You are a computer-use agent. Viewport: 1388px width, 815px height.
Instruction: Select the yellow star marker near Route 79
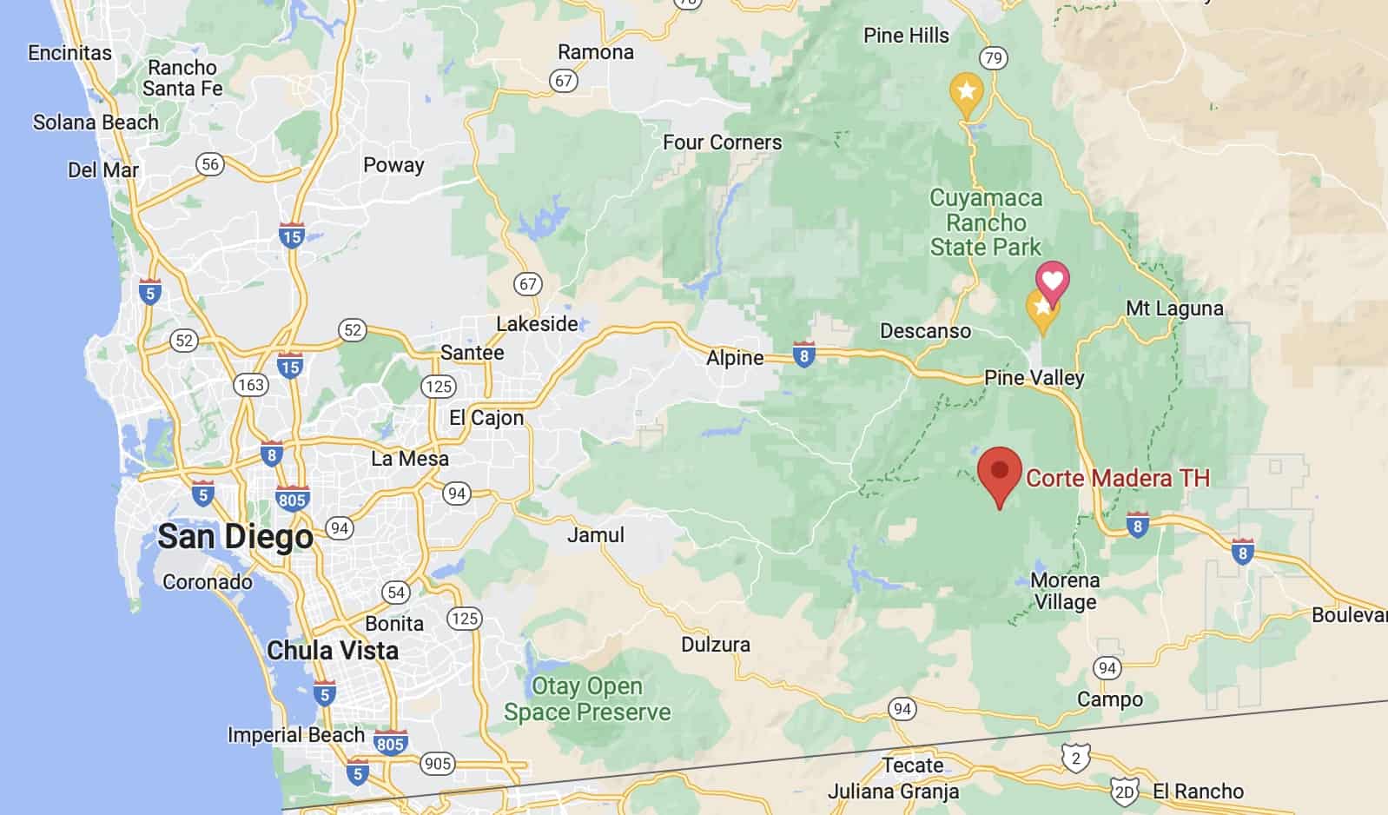pos(966,91)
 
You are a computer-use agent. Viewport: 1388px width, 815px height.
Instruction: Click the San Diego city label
pos(235,536)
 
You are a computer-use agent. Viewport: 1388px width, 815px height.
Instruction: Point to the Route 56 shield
pos(209,164)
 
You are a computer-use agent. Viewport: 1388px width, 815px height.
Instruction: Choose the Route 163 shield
pos(251,384)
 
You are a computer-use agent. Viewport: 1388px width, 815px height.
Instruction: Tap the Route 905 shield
pos(437,764)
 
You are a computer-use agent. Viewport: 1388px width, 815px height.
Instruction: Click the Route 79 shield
pos(993,58)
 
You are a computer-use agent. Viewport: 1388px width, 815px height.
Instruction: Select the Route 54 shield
pos(395,593)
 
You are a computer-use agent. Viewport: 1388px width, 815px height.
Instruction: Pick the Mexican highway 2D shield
pos(1124,792)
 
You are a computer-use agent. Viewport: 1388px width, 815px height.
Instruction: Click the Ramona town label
pos(595,52)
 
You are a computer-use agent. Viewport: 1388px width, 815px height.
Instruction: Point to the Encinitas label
pos(69,53)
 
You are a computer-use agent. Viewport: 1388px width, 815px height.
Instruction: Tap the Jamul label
pos(595,535)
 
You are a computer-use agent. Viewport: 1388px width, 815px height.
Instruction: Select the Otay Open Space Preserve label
pos(587,699)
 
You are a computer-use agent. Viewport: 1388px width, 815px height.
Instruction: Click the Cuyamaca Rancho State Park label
pos(986,222)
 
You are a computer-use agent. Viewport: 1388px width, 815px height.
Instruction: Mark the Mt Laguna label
pos(1173,308)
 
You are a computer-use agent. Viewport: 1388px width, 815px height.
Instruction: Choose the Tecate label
pos(912,765)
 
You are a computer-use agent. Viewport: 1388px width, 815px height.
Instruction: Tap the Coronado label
pos(208,581)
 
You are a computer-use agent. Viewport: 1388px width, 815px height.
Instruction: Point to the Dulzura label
pos(715,645)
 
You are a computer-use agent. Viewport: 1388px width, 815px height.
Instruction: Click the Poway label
pos(393,165)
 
